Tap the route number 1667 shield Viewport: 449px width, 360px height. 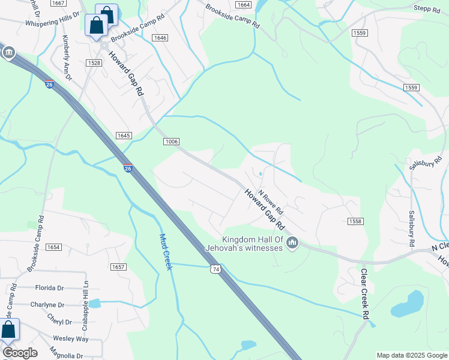point(58,4)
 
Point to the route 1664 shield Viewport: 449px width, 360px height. point(243,5)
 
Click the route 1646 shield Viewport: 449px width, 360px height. point(160,38)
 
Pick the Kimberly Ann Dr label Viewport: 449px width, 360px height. point(66,58)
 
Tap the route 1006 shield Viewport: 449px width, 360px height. point(170,142)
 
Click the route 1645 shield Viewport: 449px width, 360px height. point(124,136)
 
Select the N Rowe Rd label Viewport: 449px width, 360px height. point(270,205)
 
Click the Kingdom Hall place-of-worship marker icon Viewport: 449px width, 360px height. point(292,242)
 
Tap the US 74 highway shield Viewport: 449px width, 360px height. point(215,270)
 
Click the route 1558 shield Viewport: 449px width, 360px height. point(355,221)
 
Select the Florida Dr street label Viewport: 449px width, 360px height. point(49,287)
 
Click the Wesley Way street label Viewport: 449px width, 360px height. point(71,338)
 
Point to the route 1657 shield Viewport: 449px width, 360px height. point(118,266)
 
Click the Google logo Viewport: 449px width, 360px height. point(20,353)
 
